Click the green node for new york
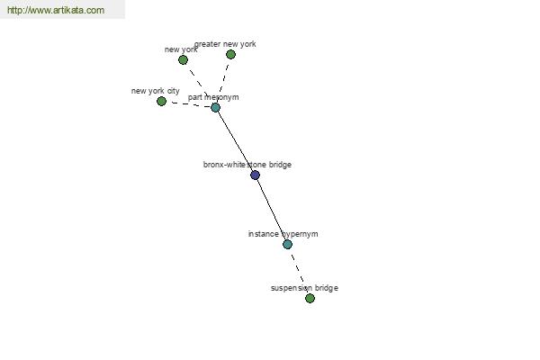tap(183, 60)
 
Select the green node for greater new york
tap(230, 54)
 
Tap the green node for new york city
tap(161, 102)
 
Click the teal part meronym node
tap(215, 108)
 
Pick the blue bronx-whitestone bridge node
tap(255, 175)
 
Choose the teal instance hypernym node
tap(287, 244)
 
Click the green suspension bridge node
tap(310, 298)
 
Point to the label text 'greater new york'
tap(225, 44)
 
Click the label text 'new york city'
tap(156, 91)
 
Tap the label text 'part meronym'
tap(213, 97)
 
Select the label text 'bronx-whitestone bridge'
tap(247, 165)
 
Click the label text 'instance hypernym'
tap(283, 234)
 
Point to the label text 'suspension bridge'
tap(304, 288)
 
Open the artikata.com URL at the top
tap(56, 10)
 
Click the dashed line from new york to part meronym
tap(199, 84)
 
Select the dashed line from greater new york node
tap(223, 81)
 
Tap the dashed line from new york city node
tap(188, 104)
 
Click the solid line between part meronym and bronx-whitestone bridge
tap(235, 141)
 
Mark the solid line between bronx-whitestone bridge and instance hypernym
tap(271, 210)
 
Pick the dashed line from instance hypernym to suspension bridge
tap(299, 271)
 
